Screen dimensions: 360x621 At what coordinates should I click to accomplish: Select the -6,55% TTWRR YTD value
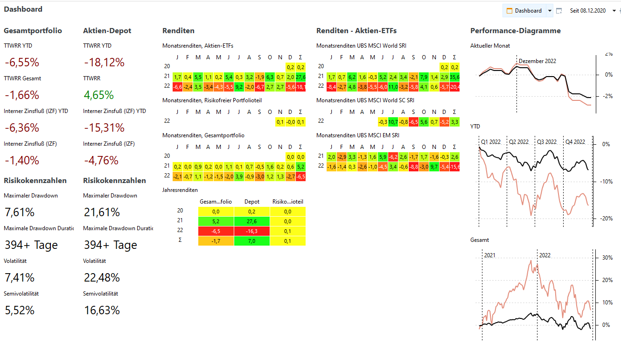click(22, 63)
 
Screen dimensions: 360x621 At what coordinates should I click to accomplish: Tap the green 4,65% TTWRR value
click(99, 95)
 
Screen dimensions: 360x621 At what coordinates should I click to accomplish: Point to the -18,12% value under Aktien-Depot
click(104, 63)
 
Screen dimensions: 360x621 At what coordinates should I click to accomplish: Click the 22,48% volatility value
click(102, 278)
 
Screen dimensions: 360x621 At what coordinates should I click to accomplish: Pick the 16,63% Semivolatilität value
click(102, 311)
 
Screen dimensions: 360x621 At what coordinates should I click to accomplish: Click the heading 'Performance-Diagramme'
click(515, 31)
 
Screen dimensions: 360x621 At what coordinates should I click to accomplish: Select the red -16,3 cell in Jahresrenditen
click(251, 231)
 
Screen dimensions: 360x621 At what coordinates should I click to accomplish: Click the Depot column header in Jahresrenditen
click(251, 202)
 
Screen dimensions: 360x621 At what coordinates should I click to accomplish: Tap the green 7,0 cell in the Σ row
click(251, 241)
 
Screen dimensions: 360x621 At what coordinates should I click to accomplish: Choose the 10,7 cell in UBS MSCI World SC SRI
click(393, 122)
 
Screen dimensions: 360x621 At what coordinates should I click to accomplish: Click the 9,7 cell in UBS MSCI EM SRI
click(434, 167)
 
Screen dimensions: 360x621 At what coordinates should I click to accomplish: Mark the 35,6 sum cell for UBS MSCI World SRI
click(454, 76)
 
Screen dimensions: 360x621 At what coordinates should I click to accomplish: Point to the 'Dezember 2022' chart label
click(537, 61)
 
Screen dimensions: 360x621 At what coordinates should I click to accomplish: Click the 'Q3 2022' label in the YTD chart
click(546, 142)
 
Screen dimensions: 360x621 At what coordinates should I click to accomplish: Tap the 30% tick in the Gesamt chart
click(607, 258)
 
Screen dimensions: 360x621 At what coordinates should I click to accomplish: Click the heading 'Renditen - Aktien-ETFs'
click(356, 31)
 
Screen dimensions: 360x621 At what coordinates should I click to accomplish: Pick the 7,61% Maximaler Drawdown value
click(20, 212)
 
